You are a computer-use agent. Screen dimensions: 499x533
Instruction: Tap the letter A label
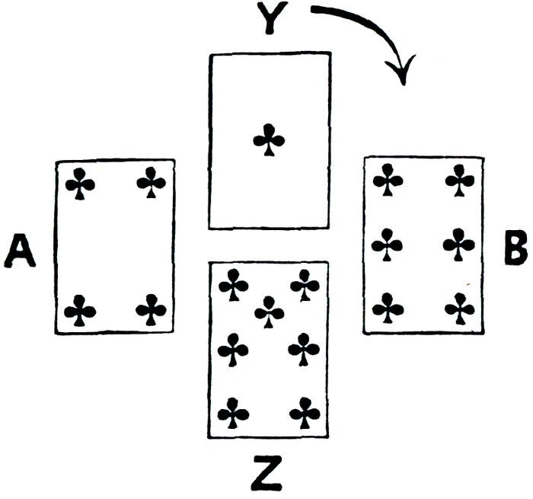(x=21, y=251)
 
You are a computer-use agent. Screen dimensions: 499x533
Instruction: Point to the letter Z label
(x=268, y=473)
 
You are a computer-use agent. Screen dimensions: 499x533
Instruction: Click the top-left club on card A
(x=80, y=184)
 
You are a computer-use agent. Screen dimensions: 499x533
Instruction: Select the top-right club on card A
(x=151, y=183)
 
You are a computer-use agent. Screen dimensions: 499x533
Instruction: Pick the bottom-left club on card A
(x=80, y=311)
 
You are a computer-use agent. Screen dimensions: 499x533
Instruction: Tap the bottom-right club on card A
(x=151, y=310)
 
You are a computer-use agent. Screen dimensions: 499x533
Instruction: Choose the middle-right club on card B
(x=459, y=245)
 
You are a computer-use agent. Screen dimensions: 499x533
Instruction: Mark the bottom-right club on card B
(x=459, y=309)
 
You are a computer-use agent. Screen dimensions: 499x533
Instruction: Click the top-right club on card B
(x=459, y=181)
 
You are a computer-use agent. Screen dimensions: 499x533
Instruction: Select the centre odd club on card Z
(x=269, y=312)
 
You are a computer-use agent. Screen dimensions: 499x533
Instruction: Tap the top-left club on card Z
(x=233, y=286)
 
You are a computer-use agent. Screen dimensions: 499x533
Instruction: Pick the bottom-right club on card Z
(x=305, y=414)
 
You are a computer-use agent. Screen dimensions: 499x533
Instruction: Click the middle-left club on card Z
(x=233, y=350)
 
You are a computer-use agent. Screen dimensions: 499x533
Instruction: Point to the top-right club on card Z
(x=305, y=286)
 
